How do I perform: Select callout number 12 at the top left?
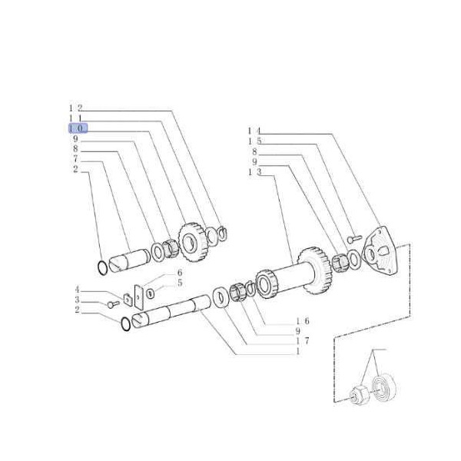(75, 108)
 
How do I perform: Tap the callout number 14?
(254, 131)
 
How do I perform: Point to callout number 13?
(254, 171)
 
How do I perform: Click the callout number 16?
(303, 321)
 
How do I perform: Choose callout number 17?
(303, 341)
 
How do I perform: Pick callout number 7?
(75, 159)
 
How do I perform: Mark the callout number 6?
(180, 272)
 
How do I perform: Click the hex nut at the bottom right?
(358, 395)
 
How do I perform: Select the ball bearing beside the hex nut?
(383, 387)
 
